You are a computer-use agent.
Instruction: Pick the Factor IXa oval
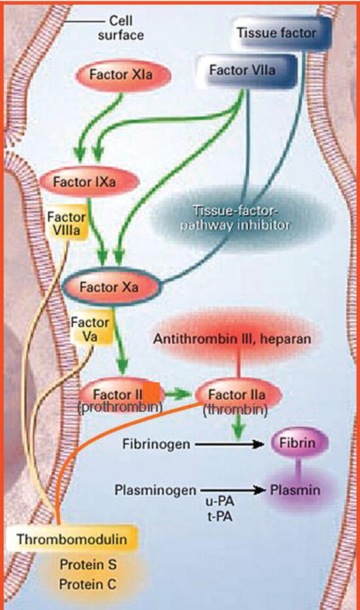coord(89,181)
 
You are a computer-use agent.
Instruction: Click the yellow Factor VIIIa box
coord(67,223)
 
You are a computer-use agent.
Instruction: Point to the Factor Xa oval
coord(111,287)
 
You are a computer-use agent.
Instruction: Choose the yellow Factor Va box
coord(90,329)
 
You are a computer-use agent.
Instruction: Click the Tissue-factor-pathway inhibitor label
coord(235,218)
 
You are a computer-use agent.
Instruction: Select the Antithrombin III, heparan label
coord(232,338)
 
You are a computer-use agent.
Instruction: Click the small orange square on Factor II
coord(151,392)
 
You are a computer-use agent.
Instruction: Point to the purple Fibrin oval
coord(298,443)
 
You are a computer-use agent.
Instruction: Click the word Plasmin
coord(295,490)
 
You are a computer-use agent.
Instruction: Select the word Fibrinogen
coord(156,444)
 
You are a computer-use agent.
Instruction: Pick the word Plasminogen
coord(155,490)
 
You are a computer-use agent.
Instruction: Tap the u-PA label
coord(219,502)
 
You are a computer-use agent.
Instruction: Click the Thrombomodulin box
coord(71,539)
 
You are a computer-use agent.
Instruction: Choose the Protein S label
coord(88,565)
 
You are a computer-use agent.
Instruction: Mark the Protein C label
coord(88,584)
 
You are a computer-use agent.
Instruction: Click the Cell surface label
coord(120,27)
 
